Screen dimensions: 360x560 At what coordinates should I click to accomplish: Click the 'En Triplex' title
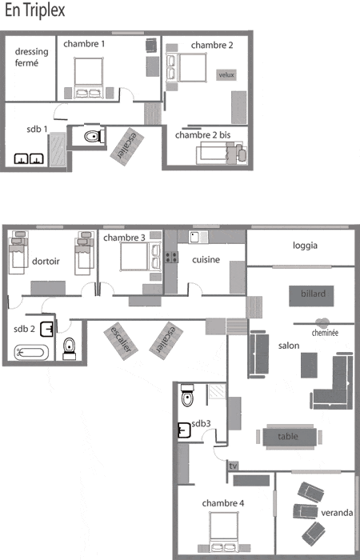click(x=35, y=10)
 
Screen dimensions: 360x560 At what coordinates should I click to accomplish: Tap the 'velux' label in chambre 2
click(x=226, y=74)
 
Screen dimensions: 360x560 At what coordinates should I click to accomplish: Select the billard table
click(x=311, y=296)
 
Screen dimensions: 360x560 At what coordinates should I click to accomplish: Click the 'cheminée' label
click(x=325, y=333)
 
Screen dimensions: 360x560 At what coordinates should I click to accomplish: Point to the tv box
click(x=233, y=466)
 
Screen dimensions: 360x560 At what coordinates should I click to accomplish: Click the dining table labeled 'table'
click(x=290, y=437)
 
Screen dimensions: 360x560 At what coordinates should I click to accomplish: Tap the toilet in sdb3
click(x=187, y=396)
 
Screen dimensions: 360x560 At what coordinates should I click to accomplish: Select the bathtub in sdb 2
click(x=31, y=353)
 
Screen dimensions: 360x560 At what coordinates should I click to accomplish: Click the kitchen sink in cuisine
click(x=198, y=237)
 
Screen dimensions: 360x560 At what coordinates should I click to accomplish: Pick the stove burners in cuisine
click(x=171, y=257)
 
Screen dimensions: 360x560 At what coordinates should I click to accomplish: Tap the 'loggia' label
click(x=305, y=246)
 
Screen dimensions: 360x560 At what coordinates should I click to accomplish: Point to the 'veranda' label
click(x=337, y=513)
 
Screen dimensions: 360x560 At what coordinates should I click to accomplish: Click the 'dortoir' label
click(x=46, y=262)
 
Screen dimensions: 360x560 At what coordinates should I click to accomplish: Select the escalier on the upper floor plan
click(x=126, y=146)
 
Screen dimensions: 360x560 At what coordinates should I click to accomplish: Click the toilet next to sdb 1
click(x=94, y=136)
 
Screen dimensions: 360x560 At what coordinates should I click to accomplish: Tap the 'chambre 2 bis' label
click(x=203, y=135)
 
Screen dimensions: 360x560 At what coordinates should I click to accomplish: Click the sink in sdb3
click(x=184, y=430)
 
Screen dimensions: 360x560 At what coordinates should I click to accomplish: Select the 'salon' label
click(x=289, y=346)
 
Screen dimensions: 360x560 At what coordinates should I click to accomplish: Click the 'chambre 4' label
click(x=223, y=503)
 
